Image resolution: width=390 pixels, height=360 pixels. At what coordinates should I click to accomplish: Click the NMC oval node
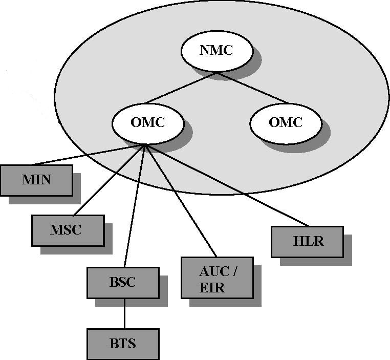point(217,51)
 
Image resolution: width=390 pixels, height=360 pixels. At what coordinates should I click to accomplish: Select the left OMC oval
point(148,123)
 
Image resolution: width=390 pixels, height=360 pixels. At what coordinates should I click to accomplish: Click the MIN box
point(36,180)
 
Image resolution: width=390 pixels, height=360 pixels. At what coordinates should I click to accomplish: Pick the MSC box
point(67,230)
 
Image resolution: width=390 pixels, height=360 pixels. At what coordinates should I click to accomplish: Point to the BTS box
point(123,344)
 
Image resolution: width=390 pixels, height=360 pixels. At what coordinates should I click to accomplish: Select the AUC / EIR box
point(217,278)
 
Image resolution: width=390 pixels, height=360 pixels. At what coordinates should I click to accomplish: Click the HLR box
point(307,242)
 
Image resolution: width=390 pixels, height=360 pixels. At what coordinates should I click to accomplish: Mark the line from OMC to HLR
point(228,186)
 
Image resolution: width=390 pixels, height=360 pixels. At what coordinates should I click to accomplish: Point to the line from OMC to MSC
point(110,180)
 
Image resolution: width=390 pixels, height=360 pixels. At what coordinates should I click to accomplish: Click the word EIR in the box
point(212,287)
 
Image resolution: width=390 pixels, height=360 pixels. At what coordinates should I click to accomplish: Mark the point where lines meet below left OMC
point(146,145)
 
